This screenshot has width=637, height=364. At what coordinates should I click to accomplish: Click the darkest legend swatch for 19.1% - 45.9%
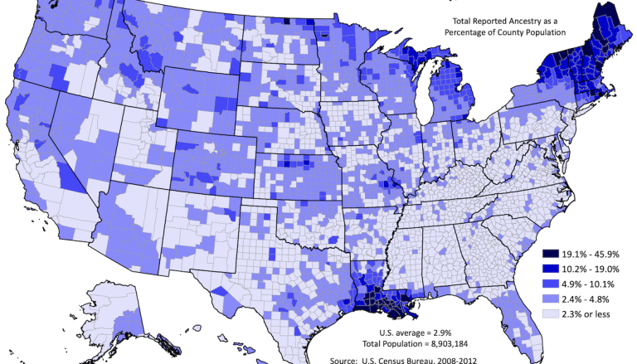(550, 253)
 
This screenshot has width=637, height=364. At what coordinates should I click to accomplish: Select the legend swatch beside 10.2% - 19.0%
(550, 269)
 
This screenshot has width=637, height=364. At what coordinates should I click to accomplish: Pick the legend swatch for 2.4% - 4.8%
(550, 299)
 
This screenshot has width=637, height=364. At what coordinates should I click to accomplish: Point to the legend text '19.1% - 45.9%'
(592, 253)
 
